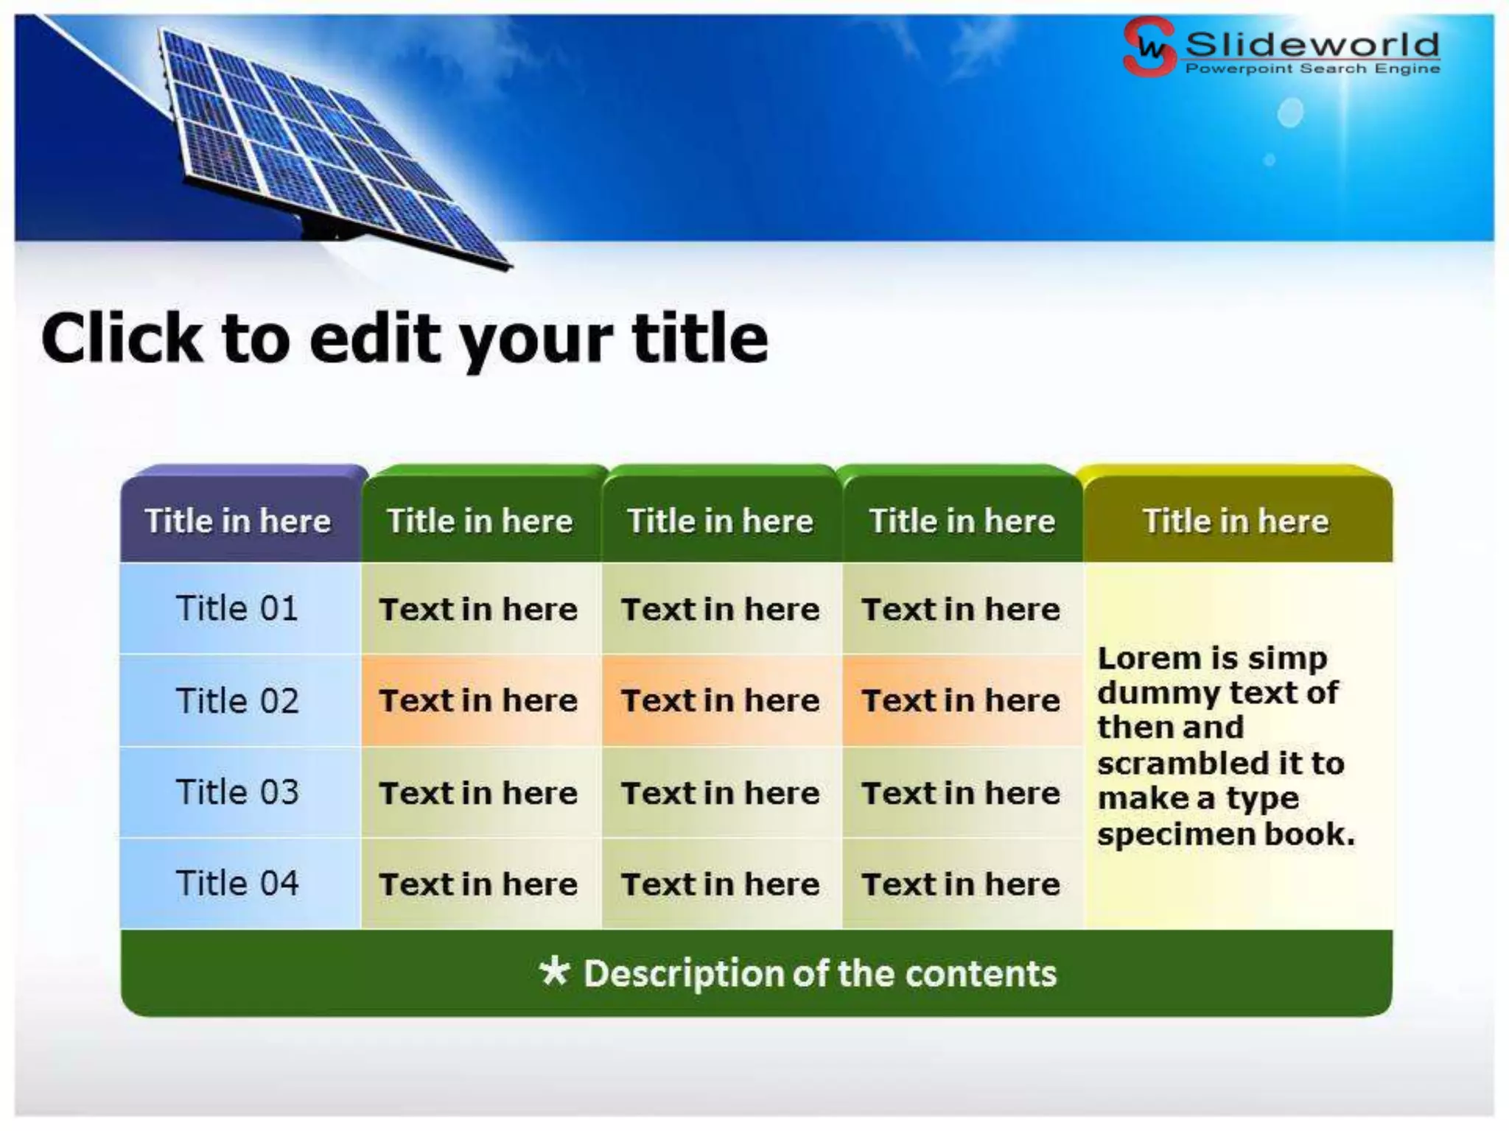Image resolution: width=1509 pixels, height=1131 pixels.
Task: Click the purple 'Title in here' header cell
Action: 238,521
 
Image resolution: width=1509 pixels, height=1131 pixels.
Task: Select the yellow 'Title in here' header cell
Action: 1236,521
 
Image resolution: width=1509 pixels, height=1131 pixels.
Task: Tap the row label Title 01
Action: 237,608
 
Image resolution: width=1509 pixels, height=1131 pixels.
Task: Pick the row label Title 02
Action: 237,700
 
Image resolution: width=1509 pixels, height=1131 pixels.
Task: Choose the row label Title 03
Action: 237,792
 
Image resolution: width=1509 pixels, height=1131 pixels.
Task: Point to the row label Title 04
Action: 237,883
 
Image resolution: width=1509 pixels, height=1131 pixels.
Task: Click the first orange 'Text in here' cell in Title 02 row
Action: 478,700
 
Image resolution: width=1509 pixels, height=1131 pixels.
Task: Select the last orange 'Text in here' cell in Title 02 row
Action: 961,700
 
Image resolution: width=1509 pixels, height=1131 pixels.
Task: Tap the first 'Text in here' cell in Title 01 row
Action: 478,609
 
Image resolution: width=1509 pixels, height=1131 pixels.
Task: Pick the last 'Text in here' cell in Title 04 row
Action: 961,884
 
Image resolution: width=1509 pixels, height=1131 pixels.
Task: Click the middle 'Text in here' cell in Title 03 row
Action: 720,793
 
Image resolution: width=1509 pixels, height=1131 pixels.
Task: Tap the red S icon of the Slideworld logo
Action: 1148,46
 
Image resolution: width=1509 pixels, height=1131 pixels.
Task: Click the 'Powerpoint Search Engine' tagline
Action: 1312,68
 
